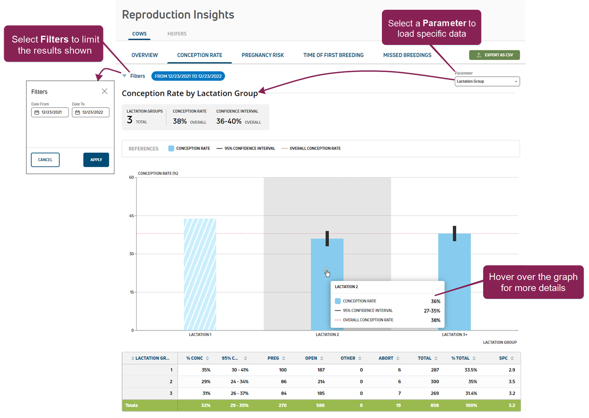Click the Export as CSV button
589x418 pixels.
click(494, 55)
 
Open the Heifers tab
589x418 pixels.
click(177, 34)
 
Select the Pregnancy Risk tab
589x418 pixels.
click(263, 55)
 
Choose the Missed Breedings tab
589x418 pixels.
click(407, 55)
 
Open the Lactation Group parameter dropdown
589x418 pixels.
click(487, 81)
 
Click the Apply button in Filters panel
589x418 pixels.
click(96, 160)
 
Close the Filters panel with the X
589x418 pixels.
click(104, 91)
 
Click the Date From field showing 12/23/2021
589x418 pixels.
click(50, 112)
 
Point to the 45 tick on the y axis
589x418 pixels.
click(131, 216)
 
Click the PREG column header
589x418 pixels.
click(273, 358)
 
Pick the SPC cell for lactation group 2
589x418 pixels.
click(511, 382)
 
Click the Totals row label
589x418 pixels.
click(132, 405)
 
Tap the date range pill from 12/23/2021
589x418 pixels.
click(188, 76)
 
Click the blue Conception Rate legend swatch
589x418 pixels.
click(171, 148)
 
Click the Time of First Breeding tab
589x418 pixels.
click(333, 55)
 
